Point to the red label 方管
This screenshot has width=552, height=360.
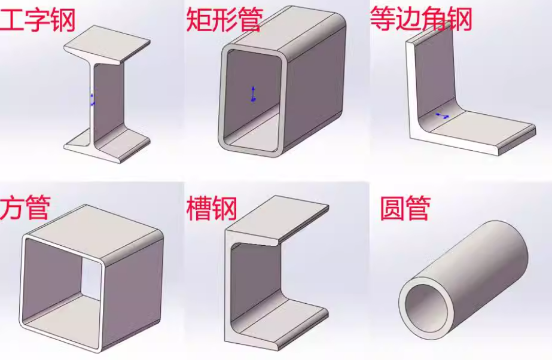pos(25,207)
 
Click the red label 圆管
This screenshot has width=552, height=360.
pos(405,207)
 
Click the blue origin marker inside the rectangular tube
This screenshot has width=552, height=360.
pos(253,94)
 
